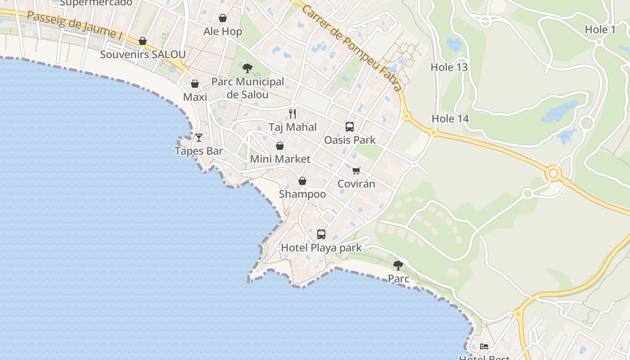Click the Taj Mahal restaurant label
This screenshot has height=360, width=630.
(292, 127)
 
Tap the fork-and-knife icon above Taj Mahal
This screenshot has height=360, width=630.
(292, 113)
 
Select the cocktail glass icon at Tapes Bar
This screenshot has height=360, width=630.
(199, 137)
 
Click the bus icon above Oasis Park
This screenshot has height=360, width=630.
(350, 126)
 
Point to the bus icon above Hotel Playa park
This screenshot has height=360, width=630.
(321, 234)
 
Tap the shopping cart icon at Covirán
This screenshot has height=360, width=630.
(356, 171)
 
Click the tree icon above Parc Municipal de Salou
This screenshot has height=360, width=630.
(247, 68)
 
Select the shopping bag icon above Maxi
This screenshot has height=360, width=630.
(195, 84)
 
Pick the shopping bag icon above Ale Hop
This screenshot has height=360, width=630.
(223, 18)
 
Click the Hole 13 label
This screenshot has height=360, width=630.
(449, 67)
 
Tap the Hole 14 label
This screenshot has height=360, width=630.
(450, 119)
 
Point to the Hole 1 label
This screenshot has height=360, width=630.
(600, 30)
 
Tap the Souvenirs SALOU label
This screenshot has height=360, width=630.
(143, 54)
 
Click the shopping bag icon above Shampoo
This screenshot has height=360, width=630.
(302, 181)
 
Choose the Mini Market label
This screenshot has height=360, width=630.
(280, 159)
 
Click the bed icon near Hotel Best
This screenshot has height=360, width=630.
(484, 346)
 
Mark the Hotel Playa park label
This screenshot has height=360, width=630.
(321, 247)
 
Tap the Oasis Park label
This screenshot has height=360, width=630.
(350, 140)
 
